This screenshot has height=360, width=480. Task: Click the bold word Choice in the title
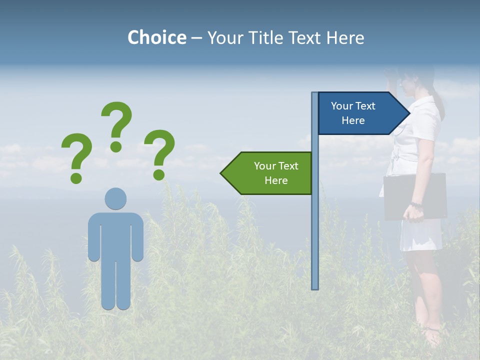coord(156,37)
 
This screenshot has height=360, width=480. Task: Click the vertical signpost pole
coord(315,225)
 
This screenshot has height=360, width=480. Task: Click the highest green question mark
coord(116,122)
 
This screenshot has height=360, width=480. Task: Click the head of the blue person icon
coord(115,198)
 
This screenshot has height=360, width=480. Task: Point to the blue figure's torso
coord(115,235)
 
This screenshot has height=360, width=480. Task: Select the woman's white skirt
coord(421,235)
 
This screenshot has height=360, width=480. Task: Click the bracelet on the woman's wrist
coord(416,204)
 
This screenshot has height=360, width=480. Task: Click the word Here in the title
coord(344,37)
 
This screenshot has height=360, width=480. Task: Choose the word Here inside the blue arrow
coord(353,120)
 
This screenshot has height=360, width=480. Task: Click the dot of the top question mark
coord(116,146)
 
